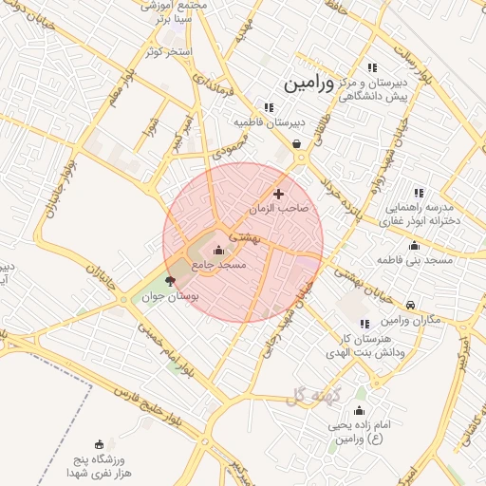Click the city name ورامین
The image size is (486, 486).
[x=308, y=84]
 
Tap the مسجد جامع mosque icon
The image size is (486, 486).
[x=220, y=251]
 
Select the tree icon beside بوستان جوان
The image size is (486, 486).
[x=171, y=280]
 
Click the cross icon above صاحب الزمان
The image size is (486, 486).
[x=278, y=194]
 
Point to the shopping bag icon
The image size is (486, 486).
[x=298, y=144]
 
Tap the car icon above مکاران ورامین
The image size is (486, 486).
[x=409, y=305]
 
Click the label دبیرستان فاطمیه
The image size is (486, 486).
[x=270, y=122]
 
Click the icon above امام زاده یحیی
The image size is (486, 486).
[x=359, y=411]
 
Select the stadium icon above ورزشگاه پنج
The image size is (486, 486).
[x=100, y=443]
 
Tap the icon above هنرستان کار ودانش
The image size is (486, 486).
[x=364, y=324]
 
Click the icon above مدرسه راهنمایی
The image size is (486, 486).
[x=419, y=193]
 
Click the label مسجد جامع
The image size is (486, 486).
[x=219, y=267]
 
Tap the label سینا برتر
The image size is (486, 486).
[x=177, y=18]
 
